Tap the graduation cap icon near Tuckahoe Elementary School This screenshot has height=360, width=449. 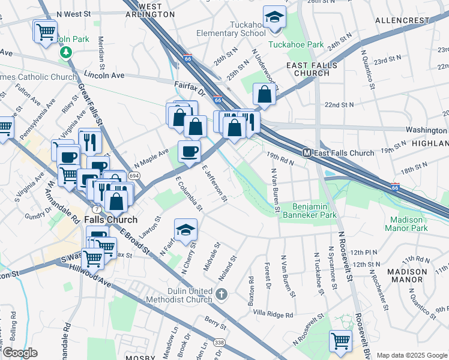pos(274,18)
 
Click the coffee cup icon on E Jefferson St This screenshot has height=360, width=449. pos(190,152)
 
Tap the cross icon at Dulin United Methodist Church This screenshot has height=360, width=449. pos(222,293)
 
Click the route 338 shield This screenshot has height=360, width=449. pos(220,342)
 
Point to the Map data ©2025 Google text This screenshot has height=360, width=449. pos(412,355)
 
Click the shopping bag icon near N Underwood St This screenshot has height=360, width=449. pos(264,94)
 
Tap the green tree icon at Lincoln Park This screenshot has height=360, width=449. pos(65,52)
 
